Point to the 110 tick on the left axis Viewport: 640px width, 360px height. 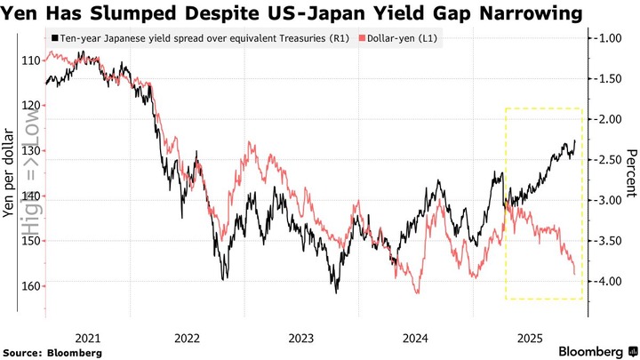[x=29, y=60]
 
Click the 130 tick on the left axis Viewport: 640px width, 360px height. [x=29, y=152]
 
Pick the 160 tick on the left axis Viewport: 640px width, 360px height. [x=29, y=286]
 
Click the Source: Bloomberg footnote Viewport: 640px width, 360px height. [x=52, y=353]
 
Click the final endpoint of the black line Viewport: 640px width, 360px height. [x=575, y=140]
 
